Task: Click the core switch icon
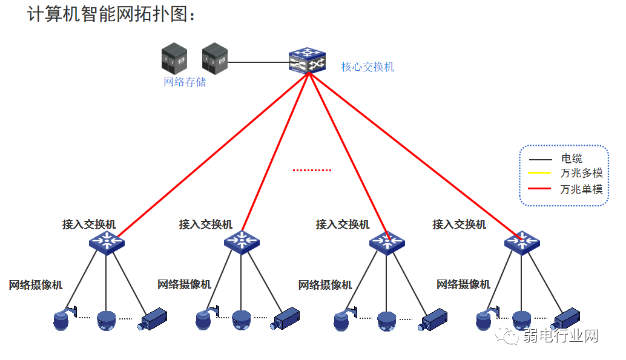click(308, 60)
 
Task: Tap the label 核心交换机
click(367, 67)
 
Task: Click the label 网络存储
click(185, 82)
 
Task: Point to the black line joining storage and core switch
click(258, 62)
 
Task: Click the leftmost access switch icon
click(107, 243)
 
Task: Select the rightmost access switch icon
click(522, 243)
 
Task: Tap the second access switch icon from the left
click(242, 243)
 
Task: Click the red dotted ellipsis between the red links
click(312, 171)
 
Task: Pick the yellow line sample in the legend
click(540, 174)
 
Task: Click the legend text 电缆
click(572, 159)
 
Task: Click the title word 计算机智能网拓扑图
click(112, 15)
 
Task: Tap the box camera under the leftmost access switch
click(154, 318)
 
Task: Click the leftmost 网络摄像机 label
click(35, 285)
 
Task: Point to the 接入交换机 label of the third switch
click(343, 224)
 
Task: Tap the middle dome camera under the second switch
click(241, 320)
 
